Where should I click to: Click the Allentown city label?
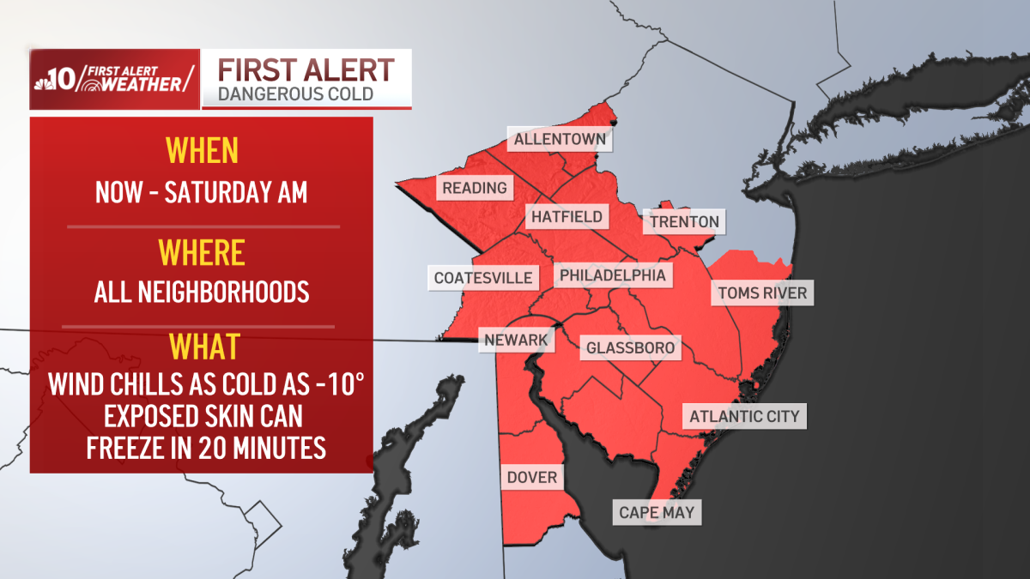click(560, 139)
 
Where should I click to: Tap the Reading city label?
click(475, 188)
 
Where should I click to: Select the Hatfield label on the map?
click(566, 217)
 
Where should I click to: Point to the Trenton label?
click(684, 222)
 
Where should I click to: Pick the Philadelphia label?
click(613, 275)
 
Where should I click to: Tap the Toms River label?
click(762, 293)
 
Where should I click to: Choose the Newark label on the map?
click(516, 341)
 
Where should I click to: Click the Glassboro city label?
click(632, 348)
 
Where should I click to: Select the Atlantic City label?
click(744, 417)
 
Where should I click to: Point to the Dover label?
click(532, 477)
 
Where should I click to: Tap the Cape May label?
click(657, 513)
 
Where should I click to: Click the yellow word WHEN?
click(202, 151)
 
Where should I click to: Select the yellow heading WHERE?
click(202, 254)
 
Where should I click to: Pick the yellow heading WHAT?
click(203, 348)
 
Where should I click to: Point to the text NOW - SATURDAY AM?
click(202, 192)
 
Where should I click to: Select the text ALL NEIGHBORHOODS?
click(202, 293)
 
